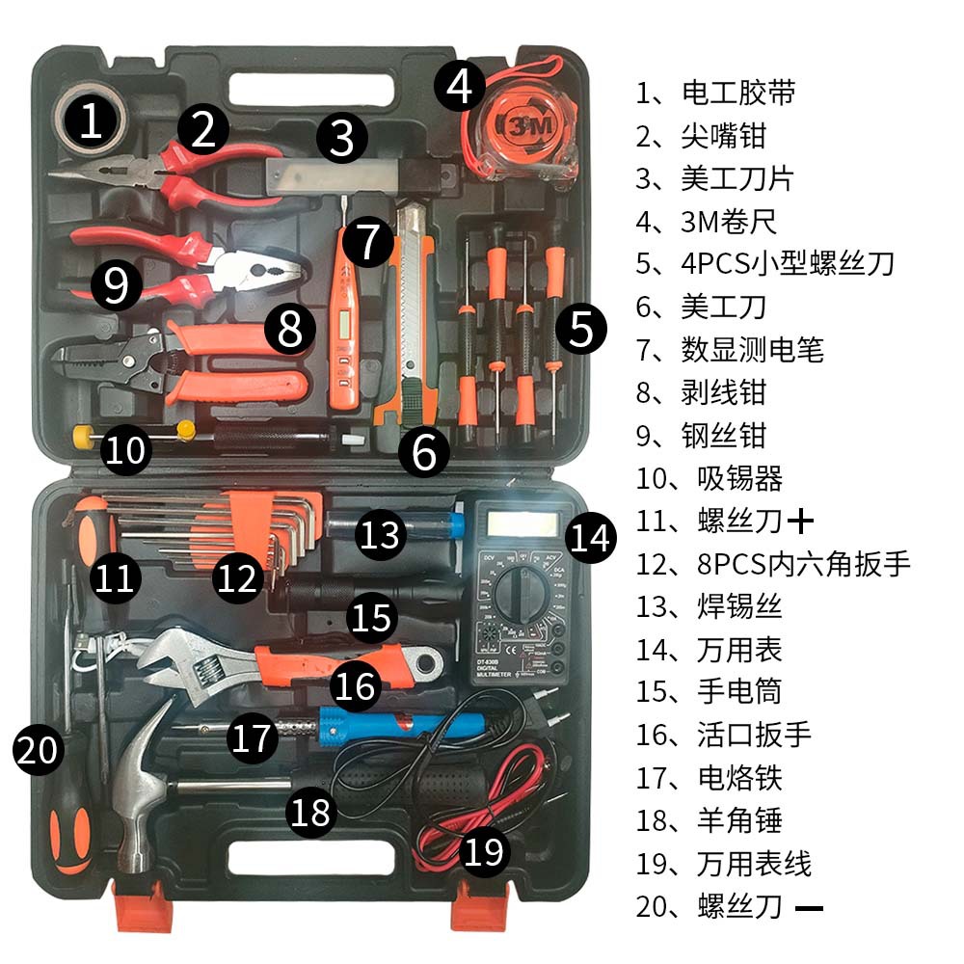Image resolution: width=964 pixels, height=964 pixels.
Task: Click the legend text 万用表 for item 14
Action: (739, 649)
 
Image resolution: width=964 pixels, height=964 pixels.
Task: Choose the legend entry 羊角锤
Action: (739, 819)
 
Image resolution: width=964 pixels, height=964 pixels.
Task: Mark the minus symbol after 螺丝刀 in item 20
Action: (810, 907)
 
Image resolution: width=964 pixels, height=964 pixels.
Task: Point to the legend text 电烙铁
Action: (739, 777)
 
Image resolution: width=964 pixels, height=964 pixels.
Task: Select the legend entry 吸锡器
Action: (739, 478)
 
